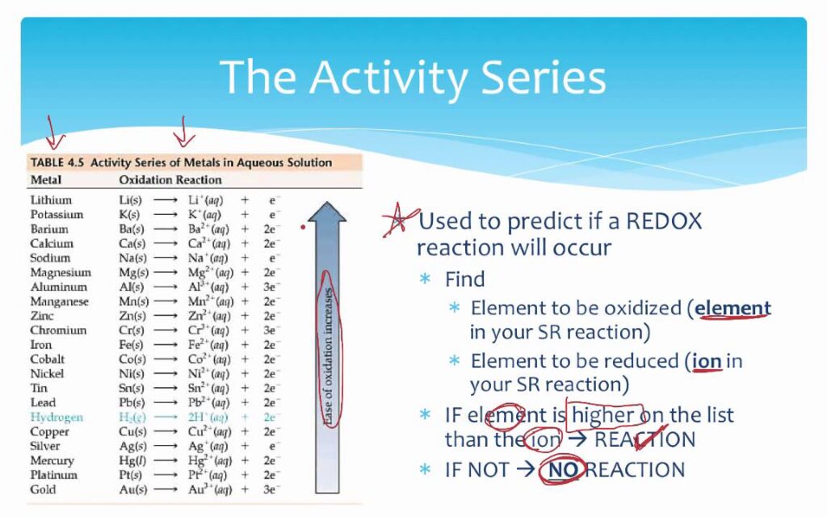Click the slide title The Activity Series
click(x=413, y=77)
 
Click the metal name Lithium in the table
click(x=51, y=200)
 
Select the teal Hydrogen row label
click(x=57, y=417)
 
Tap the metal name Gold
click(x=43, y=489)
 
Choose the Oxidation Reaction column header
click(x=170, y=180)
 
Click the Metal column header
click(x=46, y=180)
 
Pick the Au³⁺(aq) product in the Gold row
click(x=210, y=489)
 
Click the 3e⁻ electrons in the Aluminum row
click(x=270, y=287)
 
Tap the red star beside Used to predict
click(x=399, y=221)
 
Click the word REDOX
click(x=664, y=221)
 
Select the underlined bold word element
click(x=733, y=308)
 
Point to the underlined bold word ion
click(x=707, y=361)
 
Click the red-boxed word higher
click(x=603, y=414)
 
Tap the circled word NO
click(x=563, y=469)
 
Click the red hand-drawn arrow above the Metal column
click(x=54, y=132)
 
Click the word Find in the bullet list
click(x=464, y=279)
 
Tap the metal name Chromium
click(x=58, y=330)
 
